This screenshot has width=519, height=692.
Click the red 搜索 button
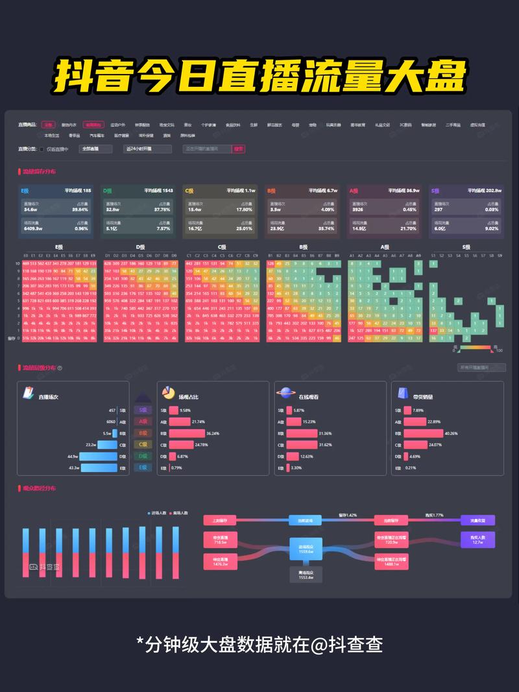click(x=239, y=149)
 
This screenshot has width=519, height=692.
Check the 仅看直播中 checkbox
click(x=42, y=149)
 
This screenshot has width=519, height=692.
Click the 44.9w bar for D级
click(x=98, y=457)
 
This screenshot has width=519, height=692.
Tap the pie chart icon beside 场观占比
click(x=168, y=394)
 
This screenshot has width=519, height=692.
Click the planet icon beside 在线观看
click(x=286, y=394)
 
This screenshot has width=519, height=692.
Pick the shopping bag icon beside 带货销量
click(x=403, y=394)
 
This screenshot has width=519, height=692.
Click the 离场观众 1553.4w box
click(x=305, y=574)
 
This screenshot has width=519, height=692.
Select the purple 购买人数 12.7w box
click(x=477, y=539)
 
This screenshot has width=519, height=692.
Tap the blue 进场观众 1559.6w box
click(x=305, y=547)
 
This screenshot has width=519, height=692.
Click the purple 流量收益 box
click(x=477, y=520)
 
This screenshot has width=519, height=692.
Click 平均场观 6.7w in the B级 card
click(x=322, y=191)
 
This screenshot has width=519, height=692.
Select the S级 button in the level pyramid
click(x=143, y=410)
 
